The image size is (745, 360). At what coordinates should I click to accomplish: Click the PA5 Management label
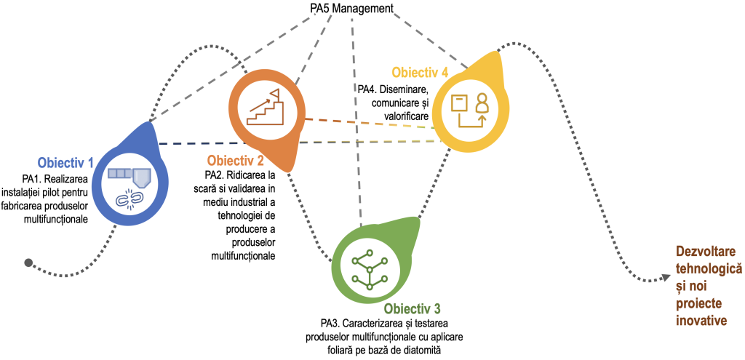[x=351, y=9]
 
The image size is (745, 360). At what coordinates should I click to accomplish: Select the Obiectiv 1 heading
[x=65, y=162]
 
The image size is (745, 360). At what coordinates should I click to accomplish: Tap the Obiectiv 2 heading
[x=235, y=160]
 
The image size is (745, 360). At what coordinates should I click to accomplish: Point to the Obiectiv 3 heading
[x=412, y=308]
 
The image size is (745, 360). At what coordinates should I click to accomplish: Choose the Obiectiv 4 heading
[x=420, y=73]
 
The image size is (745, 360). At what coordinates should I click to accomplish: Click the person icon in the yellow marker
[x=481, y=107]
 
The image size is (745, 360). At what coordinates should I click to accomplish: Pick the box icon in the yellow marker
[x=459, y=103]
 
